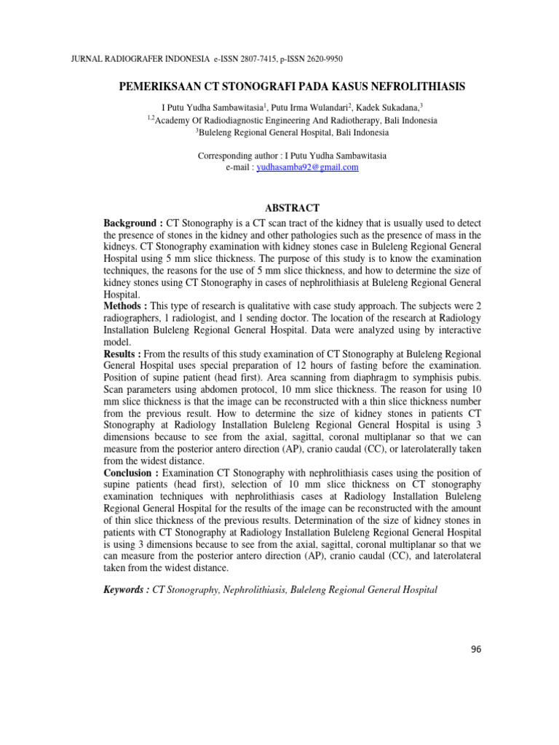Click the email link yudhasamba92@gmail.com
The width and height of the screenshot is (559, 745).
pyautogui.click(x=309, y=167)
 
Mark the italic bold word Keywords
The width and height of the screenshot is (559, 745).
pyautogui.click(x=127, y=591)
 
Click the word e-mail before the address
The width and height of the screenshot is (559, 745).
pyautogui.click(x=239, y=167)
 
